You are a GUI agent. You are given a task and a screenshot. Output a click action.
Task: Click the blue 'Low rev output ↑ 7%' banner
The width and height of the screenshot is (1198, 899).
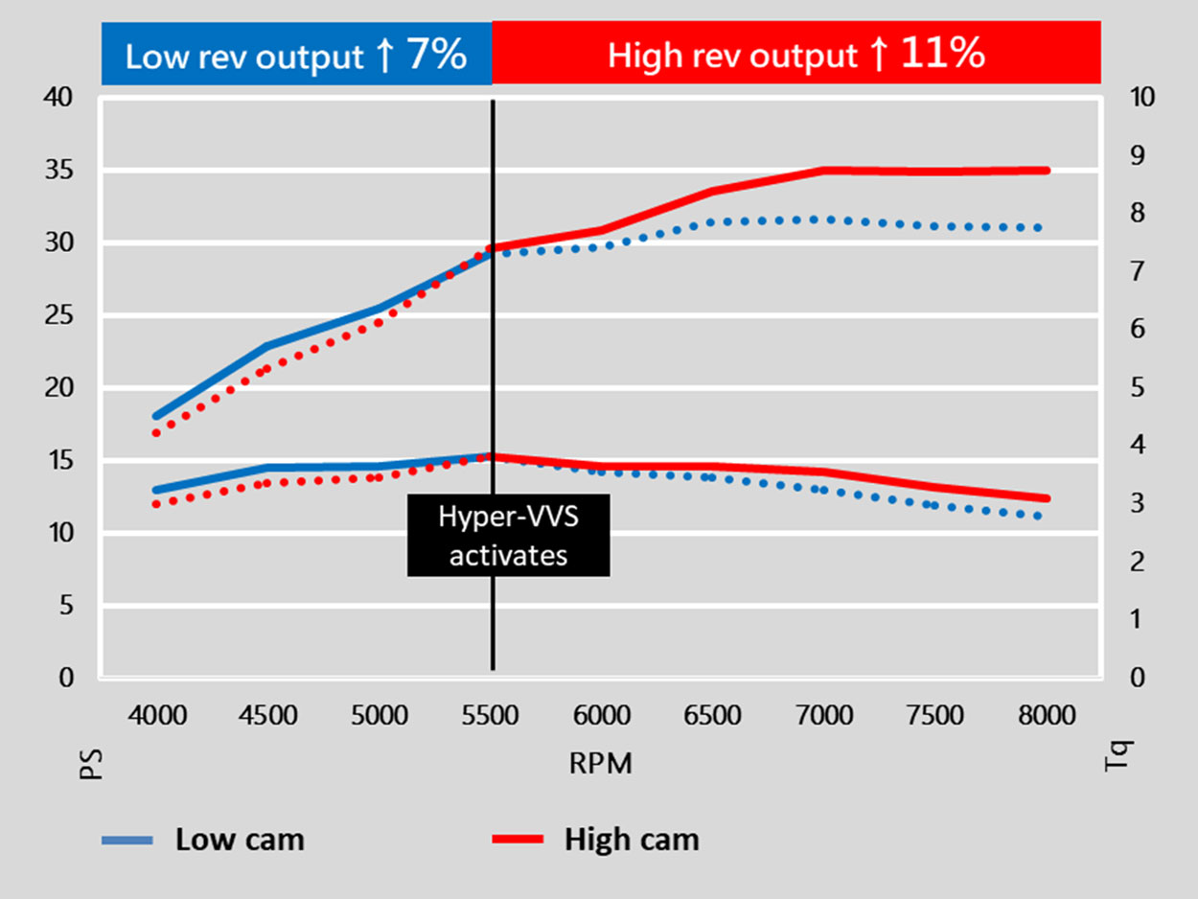pyautogui.click(x=296, y=56)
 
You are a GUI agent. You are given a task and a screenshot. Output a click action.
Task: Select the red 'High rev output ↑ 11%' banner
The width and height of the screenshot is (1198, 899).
pyautogui.click(x=795, y=56)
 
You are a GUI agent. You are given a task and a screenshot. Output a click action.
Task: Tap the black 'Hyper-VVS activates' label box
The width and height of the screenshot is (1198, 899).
pyautogui.click(x=508, y=535)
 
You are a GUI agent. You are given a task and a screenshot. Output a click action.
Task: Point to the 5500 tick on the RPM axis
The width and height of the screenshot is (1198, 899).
pyautogui.click(x=493, y=715)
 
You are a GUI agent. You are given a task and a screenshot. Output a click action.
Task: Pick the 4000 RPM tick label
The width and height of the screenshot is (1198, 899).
pyautogui.click(x=158, y=715)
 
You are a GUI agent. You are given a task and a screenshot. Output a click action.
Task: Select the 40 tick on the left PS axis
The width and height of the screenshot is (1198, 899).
pyautogui.click(x=59, y=98)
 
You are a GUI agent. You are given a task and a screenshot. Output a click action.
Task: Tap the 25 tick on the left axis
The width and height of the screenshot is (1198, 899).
pyautogui.click(x=59, y=315)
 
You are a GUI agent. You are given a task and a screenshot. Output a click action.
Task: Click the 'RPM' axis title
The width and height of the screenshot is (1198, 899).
pyautogui.click(x=601, y=764)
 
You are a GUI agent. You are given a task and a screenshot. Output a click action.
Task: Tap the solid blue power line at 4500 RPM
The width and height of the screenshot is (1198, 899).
pyautogui.click(x=269, y=346)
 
